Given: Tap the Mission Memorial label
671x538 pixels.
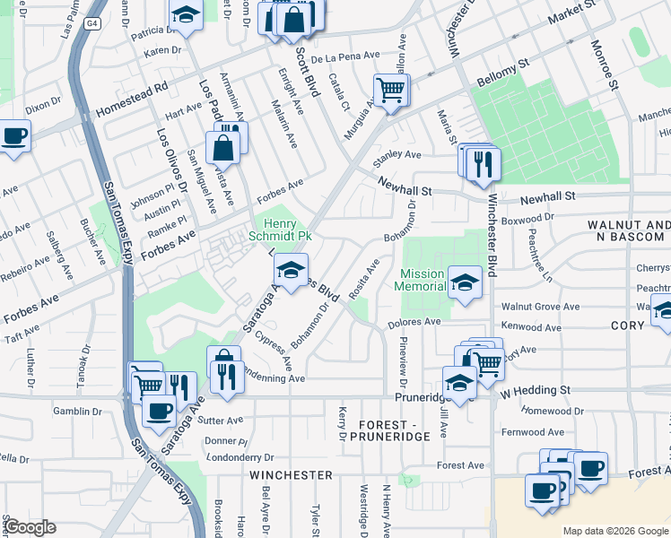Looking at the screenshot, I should [x=423, y=280].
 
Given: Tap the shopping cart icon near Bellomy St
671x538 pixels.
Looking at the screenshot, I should [x=391, y=90].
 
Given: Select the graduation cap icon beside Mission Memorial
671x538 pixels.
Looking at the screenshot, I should [x=465, y=283].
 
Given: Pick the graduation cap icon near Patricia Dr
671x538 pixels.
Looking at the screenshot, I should [x=185, y=15].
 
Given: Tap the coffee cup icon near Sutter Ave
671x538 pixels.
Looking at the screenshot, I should [x=159, y=411].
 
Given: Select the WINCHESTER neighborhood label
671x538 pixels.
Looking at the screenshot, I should [x=291, y=474].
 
